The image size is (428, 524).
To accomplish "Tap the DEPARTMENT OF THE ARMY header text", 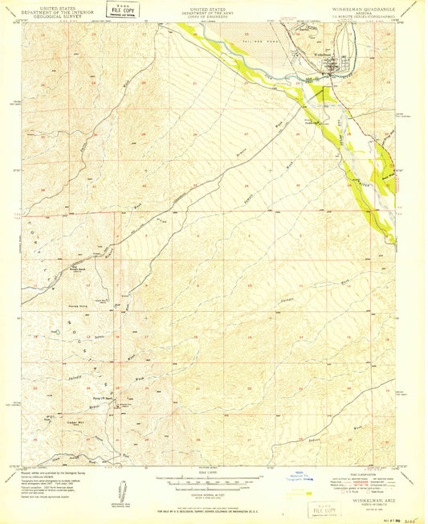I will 214,10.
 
